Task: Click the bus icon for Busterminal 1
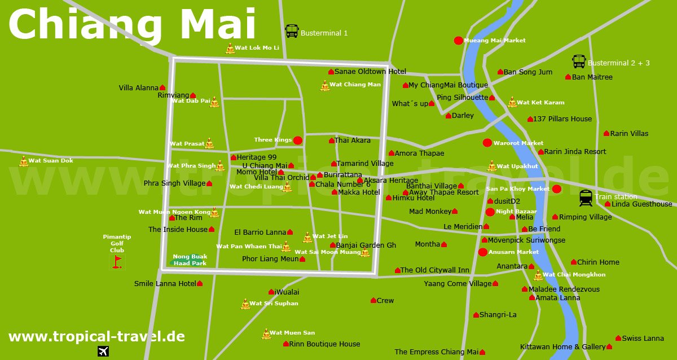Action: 292,31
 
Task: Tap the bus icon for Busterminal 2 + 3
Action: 579,62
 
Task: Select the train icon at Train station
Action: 586,198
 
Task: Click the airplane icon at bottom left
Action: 103,351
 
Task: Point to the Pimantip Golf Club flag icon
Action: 117,261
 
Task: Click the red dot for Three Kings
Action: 298,140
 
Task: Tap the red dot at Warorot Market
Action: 487,143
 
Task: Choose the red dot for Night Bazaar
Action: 490,212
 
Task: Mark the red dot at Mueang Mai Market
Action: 459,41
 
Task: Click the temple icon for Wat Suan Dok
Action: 23,161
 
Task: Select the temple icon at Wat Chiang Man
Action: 325,86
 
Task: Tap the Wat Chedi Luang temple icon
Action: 287,187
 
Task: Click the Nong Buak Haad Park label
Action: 190,260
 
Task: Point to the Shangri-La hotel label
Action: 498,315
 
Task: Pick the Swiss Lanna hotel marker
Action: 618,338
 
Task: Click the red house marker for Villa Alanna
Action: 162,88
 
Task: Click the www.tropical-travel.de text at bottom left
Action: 96,337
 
